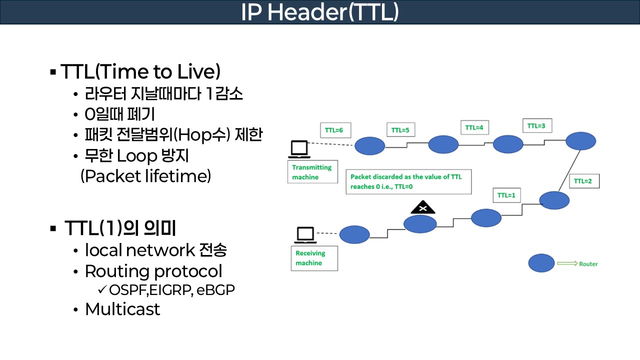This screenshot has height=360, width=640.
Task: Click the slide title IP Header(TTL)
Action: coord(319,12)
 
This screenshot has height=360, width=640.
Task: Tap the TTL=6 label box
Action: coord(334,130)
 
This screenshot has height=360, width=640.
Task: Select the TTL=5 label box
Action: coord(400,130)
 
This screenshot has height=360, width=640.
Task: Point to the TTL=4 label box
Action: coord(474,127)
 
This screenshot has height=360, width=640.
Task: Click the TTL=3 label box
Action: coord(536,126)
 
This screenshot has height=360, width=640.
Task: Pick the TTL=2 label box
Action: coord(583,181)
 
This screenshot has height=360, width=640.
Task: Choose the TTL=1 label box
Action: coord(506,195)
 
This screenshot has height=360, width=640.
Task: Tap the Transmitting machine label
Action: coord(312,172)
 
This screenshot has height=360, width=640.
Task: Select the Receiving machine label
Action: coord(314,258)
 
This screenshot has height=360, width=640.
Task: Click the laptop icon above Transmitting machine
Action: coord(299,148)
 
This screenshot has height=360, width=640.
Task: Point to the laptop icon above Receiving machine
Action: coord(305,234)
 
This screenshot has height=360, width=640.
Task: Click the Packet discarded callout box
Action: coord(408,181)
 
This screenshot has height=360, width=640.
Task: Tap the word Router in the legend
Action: coord(588,264)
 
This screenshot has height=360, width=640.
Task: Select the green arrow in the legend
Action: coord(567,263)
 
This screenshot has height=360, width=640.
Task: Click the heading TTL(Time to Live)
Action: coord(140,72)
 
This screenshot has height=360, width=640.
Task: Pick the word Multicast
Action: coord(122,309)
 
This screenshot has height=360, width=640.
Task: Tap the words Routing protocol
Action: coord(153,271)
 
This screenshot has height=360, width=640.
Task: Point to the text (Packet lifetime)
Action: coord(145,176)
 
